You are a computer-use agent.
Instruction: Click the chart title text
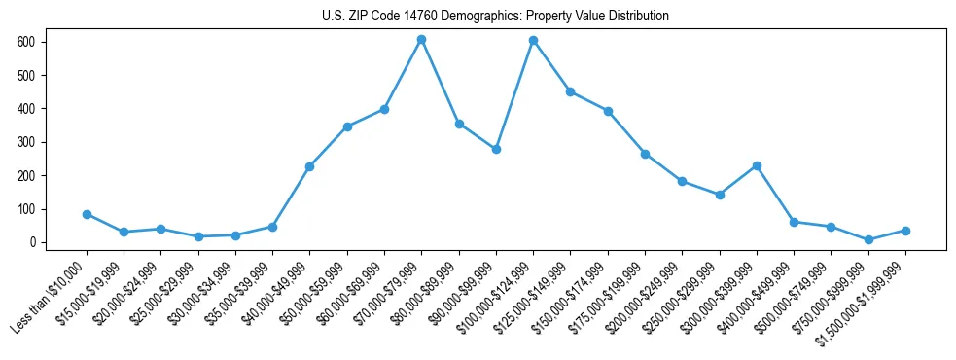495,17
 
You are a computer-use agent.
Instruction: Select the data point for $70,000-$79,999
421,40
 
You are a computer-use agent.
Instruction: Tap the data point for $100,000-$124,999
533,41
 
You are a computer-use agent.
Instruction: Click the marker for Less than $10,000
87,214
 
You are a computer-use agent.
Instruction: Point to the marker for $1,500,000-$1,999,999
905,231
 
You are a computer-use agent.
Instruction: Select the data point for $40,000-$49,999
309,166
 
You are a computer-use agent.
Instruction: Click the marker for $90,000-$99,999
496,149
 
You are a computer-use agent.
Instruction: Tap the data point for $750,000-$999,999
868,239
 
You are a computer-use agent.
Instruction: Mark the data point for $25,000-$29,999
198,236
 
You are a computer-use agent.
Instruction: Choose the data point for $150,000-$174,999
608,111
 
